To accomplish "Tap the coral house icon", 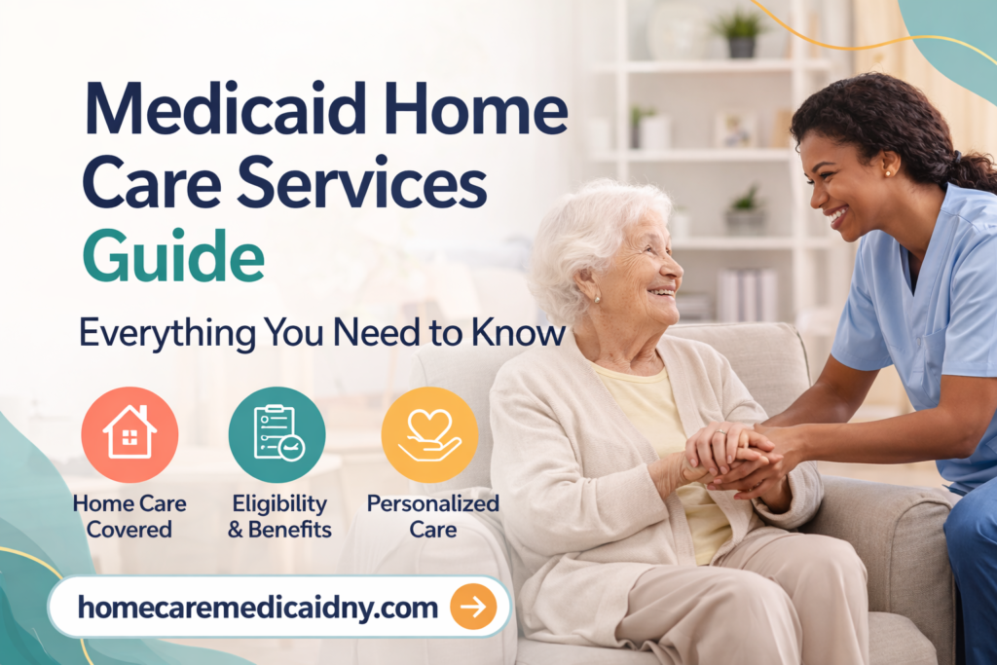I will pos(129,434).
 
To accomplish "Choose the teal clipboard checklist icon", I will pos(277,434).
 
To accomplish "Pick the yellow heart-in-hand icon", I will pos(429,434).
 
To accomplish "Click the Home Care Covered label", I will pos(129,517).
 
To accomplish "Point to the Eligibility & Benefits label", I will pos(279,517).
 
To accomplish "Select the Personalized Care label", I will pos(432,517).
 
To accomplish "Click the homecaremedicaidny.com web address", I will pos(257,608).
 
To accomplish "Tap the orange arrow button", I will pos(473,608).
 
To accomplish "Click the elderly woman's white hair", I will pos(584,229).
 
